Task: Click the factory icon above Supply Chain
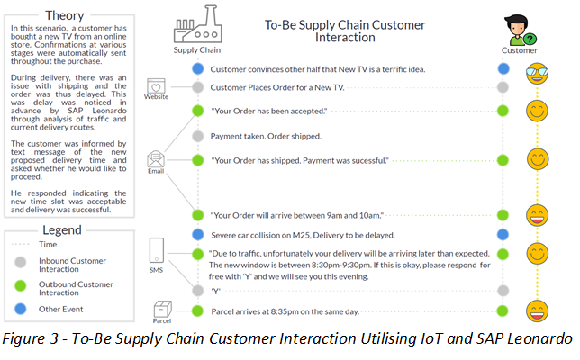[x=196, y=26]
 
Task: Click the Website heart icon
[x=156, y=87]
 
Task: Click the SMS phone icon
[x=156, y=249]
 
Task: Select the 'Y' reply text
[x=216, y=291]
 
